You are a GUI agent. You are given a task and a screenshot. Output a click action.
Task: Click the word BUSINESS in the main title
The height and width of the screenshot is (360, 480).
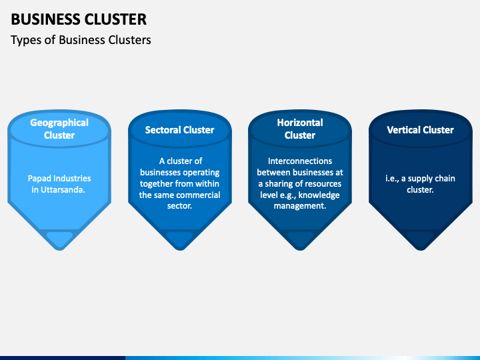(45, 19)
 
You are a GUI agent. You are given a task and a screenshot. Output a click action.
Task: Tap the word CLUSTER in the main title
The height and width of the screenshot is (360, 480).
(115, 19)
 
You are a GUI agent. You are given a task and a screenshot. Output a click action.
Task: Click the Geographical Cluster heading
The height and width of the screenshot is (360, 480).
(59, 129)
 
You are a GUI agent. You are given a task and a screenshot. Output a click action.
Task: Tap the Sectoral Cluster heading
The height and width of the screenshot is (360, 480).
(180, 130)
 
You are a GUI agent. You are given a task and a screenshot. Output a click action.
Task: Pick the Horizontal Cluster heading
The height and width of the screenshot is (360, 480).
(300, 129)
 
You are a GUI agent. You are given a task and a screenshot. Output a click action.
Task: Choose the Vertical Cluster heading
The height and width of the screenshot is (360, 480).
(420, 130)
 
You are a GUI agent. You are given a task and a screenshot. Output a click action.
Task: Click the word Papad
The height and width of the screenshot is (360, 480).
(39, 178)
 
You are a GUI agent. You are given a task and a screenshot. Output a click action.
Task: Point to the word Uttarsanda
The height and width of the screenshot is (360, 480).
(63, 189)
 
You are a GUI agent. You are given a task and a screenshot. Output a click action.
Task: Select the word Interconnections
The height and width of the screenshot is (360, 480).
(300, 161)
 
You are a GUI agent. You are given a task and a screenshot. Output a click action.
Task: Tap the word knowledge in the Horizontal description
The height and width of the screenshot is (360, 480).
(319, 195)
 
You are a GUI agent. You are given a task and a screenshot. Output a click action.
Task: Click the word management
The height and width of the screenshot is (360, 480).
(300, 206)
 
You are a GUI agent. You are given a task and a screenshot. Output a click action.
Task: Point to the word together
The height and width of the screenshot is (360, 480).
(155, 184)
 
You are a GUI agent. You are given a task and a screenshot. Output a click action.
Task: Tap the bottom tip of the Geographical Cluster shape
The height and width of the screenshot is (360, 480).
(59, 250)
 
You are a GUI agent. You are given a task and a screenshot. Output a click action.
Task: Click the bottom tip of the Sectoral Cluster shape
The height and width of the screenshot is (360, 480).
(180, 250)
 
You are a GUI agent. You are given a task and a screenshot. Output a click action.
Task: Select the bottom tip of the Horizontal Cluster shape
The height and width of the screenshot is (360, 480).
(300, 250)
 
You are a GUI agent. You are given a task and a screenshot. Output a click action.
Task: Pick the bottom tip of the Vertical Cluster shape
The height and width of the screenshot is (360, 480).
(421, 250)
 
